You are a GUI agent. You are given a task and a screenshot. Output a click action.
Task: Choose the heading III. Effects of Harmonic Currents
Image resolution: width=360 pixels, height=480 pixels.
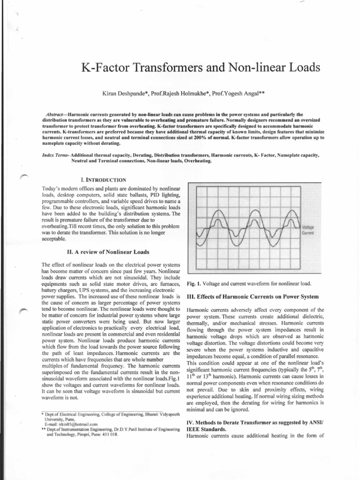pyautogui.click(x=253, y=297)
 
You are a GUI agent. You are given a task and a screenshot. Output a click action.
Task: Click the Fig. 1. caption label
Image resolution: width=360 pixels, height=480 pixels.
pyautogui.click(x=193, y=284)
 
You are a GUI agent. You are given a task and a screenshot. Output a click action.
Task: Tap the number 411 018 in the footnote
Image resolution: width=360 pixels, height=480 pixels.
pyautogui.click(x=110, y=434)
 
